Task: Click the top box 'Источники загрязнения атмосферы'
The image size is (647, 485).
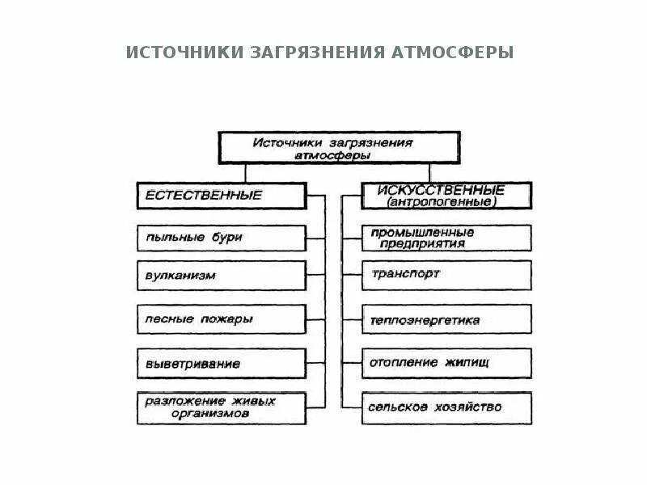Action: pos(333,147)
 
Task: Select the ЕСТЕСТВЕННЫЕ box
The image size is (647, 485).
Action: pos(221,196)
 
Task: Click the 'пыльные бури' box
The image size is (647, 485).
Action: pos(221,238)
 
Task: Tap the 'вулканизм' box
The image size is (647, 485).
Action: pos(221,275)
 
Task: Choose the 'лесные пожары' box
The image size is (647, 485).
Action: pos(221,319)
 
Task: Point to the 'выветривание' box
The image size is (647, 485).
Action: pos(221,363)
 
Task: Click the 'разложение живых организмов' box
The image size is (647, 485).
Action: pos(221,407)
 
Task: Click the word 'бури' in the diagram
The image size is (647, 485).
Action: pos(227,238)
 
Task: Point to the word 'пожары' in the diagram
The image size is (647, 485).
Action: pos(226,319)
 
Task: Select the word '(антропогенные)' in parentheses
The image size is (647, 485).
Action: pos(442,202)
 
